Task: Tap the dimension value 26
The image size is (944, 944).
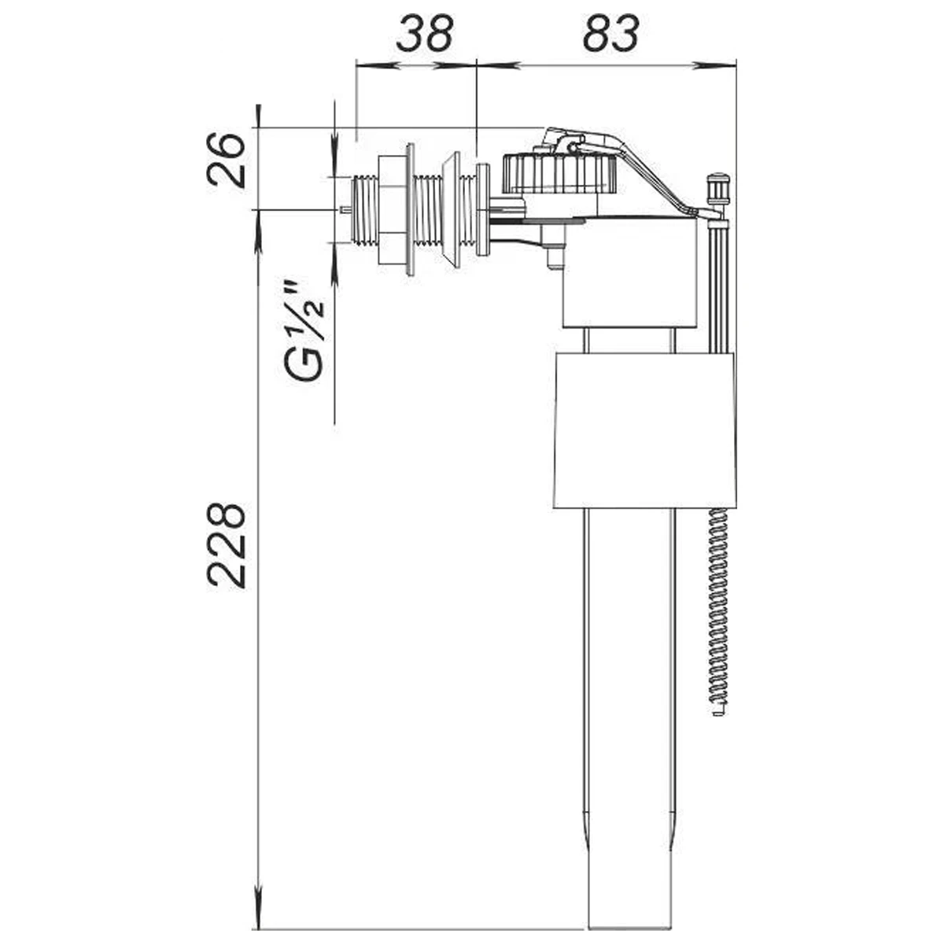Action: coord(225,161)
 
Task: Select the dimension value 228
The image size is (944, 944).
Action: coord(225,545)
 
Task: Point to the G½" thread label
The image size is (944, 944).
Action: coord(304,331)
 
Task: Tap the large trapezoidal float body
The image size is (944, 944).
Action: coord(645,430)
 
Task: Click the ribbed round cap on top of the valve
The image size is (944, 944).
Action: coord(559,173)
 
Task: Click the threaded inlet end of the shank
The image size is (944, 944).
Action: coord(364,210)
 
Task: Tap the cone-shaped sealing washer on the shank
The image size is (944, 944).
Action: coord(451,211)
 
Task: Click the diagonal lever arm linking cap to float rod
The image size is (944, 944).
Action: coord(637,171)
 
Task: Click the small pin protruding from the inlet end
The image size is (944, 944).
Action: coord(345,210)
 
